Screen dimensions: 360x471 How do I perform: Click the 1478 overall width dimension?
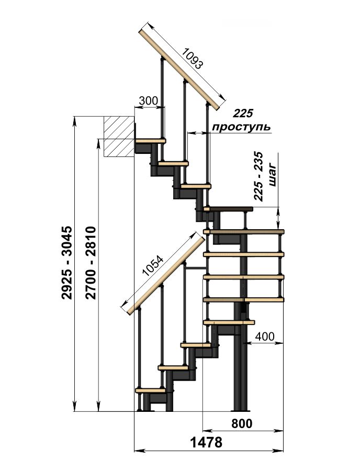[206, 442]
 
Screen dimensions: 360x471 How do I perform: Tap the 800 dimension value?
[242, 423]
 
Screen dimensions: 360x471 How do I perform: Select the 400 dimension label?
[265, 337]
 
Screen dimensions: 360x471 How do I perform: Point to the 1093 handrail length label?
[193, 59]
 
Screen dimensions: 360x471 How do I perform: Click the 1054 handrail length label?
[153, 266]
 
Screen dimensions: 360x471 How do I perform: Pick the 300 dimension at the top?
[148, 101]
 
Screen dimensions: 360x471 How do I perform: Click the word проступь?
[241, 127]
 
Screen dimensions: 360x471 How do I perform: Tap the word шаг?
[272, 175]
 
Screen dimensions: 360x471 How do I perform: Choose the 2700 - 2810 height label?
[91, 263]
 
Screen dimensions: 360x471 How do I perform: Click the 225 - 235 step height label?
[258, 176]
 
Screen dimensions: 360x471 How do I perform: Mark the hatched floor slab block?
[119, 137]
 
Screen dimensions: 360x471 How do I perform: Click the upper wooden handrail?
[181, 69]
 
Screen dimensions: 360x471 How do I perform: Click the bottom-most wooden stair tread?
[150, 390]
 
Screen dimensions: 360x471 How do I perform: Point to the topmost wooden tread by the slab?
[150, 140]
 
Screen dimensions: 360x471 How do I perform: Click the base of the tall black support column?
[241, 409]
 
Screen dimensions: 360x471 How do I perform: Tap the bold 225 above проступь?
[243, 114]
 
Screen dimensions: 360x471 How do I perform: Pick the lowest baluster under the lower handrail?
[139, 359]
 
